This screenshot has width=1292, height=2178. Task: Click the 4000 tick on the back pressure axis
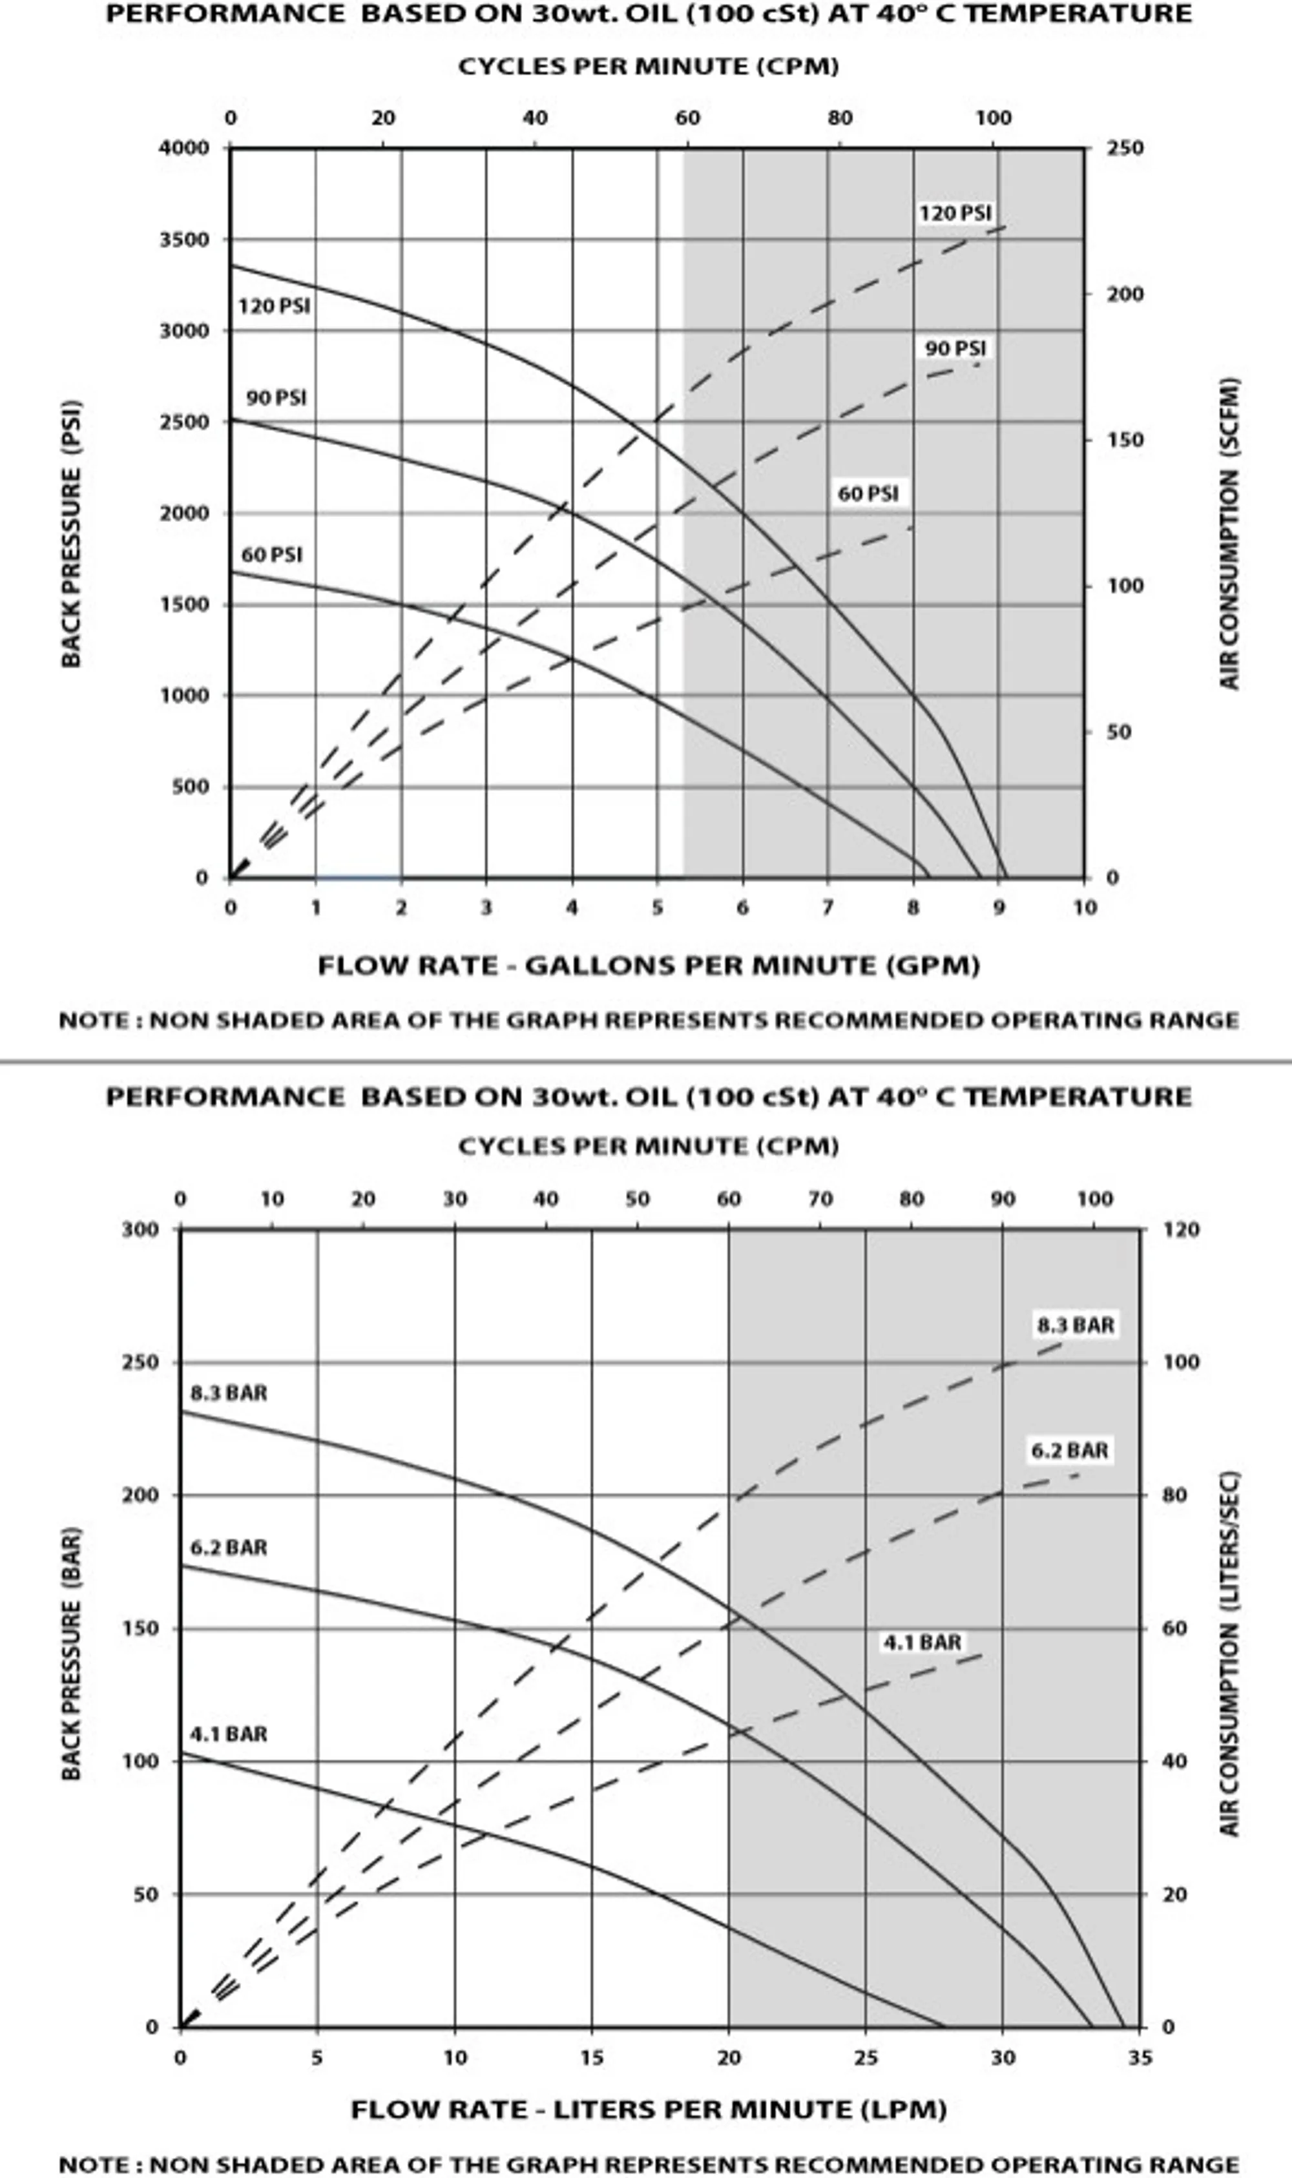click(x=183, y=148)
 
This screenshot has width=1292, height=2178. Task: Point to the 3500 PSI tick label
click(x=183, y=240)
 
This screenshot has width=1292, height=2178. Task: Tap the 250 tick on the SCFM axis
click(x=1125, y=148)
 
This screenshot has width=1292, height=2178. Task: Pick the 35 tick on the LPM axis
click(x=1140, y=2057)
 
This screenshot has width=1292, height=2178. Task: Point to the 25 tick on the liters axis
click(x=866, y=2057)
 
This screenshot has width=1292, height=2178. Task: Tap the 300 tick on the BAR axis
click(x=140, y=1229)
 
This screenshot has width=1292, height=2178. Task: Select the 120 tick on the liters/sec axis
click(x=1182, y=1229)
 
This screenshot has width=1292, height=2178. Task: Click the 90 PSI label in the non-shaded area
click(x=276, y=398)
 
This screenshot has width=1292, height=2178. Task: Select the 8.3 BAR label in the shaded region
click(x=1075, y=1325)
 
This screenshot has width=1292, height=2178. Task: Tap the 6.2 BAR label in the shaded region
click(x=1069, y=1450)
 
